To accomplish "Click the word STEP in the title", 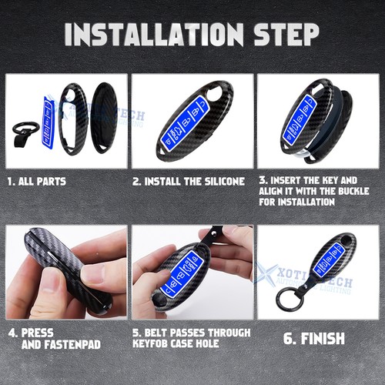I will tap(284, 35).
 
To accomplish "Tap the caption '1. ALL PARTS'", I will tap(36, 182).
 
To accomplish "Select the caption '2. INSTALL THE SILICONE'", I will tap(188, 182).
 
